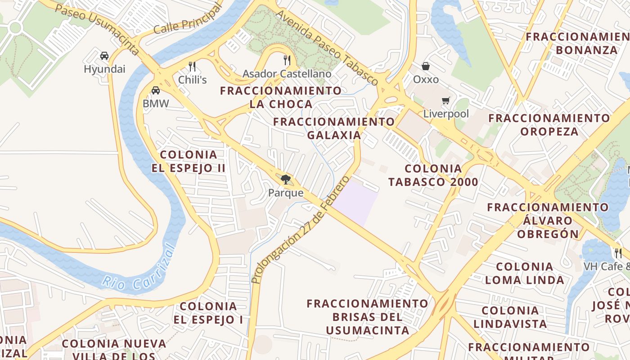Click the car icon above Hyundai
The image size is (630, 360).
click(x=104, y=56)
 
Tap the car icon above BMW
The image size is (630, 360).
click(x=156, y=90)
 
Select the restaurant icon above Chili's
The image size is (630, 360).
click(x=192, y=67)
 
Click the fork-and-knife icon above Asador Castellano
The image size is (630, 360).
click(x=287, y=60)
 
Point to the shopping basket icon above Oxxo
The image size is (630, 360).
click(x=426, y=67)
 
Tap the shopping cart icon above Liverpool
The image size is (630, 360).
click(x=445, y=101)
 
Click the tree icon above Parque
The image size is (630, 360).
click(x=285, y=180)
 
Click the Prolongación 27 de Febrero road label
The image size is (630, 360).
click(x=301, y=229)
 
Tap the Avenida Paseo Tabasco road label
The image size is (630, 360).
click(x=327, y=47)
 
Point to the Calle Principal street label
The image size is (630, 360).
click(x=188, y=20)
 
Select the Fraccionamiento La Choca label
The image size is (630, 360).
click(x=281, y=97)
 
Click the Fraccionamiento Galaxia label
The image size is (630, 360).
click(x=334, y=128)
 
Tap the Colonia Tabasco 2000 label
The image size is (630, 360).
click(x=433, y=175)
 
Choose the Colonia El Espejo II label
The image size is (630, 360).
click(x=193, y=162)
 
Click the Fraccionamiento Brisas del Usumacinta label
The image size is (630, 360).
click(x=367, y=317)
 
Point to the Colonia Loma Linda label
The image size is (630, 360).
click(x=524, y=273)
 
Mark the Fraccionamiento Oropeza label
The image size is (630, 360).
click(x=549, y=125)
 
